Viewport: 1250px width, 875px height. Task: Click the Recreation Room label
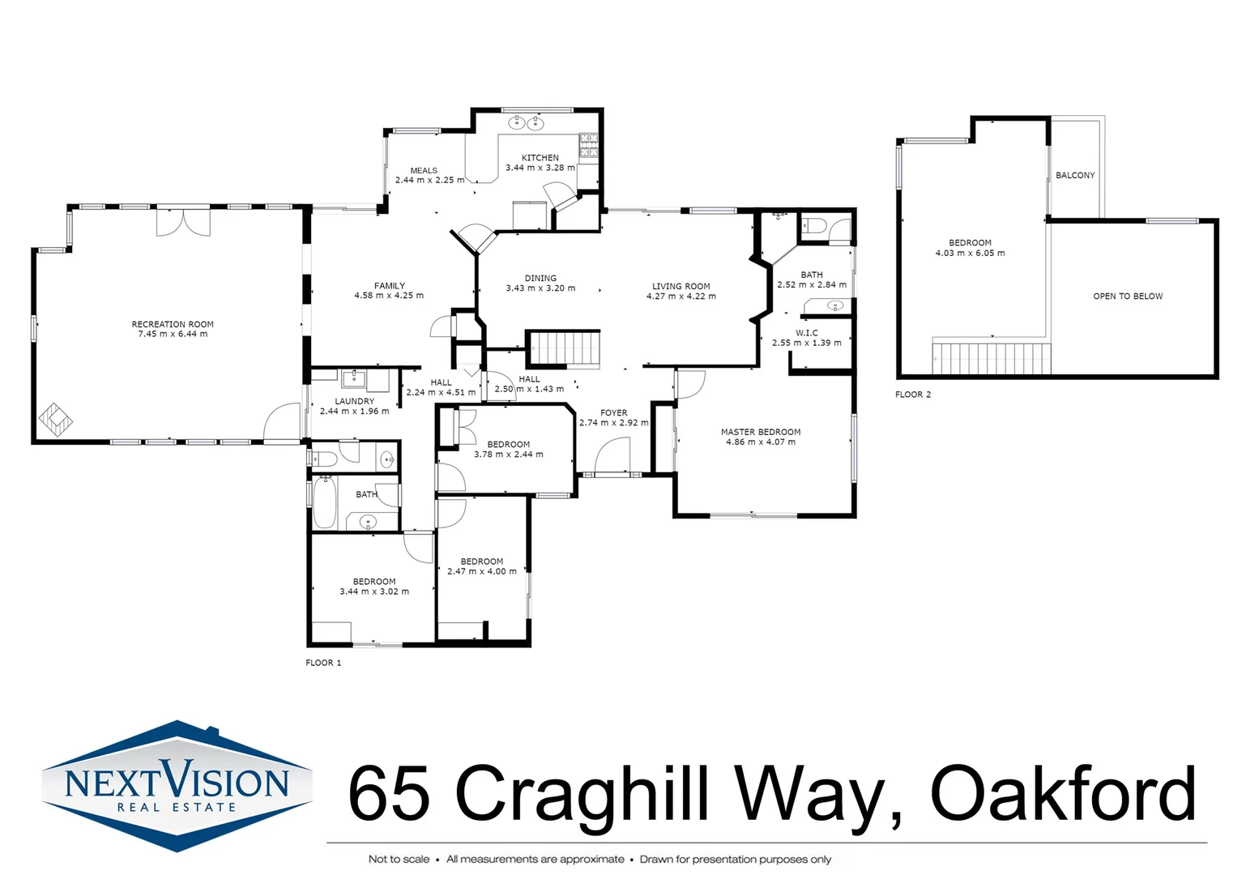[173, 324]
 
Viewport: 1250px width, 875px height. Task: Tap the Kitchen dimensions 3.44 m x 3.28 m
[540, 168]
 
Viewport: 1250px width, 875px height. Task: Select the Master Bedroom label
[761, 432]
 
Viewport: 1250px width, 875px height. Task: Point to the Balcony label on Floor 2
[1075, 175]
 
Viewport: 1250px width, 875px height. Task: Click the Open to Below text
[1128, 297]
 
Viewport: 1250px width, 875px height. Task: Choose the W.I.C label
[806, 333]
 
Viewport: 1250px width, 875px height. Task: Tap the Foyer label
[613, 412]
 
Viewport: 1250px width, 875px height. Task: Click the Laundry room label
[355, 401]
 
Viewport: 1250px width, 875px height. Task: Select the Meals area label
[424, 170]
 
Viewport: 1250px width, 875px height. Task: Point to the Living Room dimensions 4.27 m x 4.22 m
[680, 297]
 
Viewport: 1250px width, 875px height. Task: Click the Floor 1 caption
[323, 663]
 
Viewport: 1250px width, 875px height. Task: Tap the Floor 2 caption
[913, 395]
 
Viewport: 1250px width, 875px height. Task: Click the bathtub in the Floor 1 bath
[325, 502]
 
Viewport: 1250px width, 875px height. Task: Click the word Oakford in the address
[1062, 793]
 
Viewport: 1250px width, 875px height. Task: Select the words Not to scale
[399, 859]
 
